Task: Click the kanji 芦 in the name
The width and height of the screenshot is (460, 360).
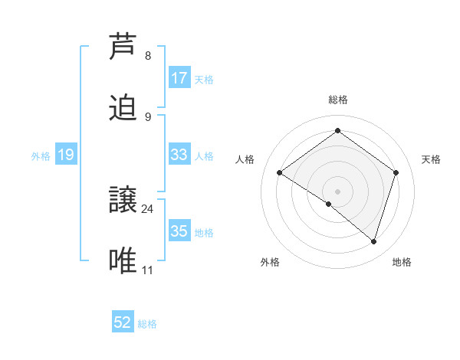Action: click(x=125, y=46)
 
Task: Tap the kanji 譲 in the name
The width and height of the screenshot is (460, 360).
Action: click(x=125, y=200)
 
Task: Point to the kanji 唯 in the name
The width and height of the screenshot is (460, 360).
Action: click(x=125, y=261)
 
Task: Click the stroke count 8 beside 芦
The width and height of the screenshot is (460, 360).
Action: click(x=148, y=56)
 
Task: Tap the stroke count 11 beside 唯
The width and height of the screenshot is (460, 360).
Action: click(x=148, y=270)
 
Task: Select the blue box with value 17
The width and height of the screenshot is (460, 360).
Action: click(x=179, y=78)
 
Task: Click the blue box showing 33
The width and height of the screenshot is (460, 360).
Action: click(x=179, y=155)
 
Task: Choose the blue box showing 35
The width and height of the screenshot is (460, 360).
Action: click(x=179, y=231)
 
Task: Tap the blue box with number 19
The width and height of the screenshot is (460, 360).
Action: click(x=66, y=155)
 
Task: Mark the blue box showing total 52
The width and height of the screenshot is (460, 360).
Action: click(x=123, y=323)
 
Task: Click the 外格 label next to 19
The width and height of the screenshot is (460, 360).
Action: click(x=41, y=156)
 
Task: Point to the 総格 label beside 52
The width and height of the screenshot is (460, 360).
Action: click(x=147, y=324)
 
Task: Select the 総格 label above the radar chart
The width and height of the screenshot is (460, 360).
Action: click(x=338, y=100)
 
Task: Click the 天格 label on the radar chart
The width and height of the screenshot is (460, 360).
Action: click(x=431, y=159)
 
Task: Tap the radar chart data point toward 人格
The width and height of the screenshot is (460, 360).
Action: click(x=280, y=173)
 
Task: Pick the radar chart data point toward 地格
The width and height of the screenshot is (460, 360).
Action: click(x=373, y=241)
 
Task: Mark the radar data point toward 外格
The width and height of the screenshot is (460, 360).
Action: click(x=328, y=205)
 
